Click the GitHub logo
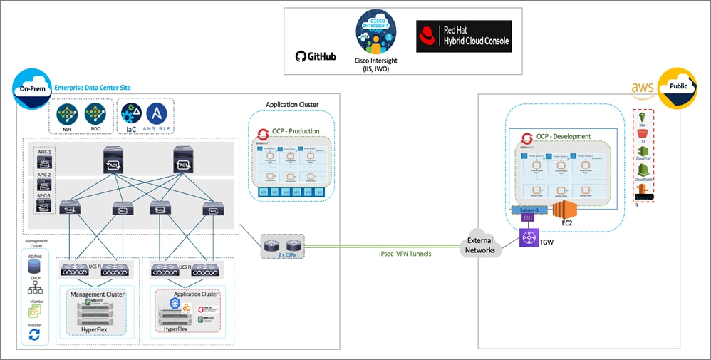(x=315, y=56)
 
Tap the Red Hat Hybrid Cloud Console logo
(x=464, y=36)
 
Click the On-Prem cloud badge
(x=30, y=89)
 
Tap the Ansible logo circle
(x=157, y=114)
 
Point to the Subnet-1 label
(x=529, y=210)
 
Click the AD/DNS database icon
(x=33, y=266)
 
